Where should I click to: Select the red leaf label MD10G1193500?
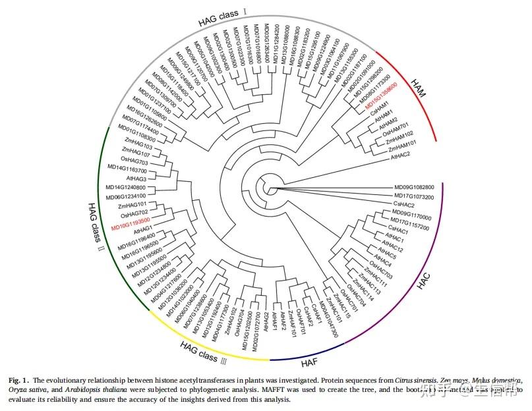point(131,224)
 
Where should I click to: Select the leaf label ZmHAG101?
point(135,205)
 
